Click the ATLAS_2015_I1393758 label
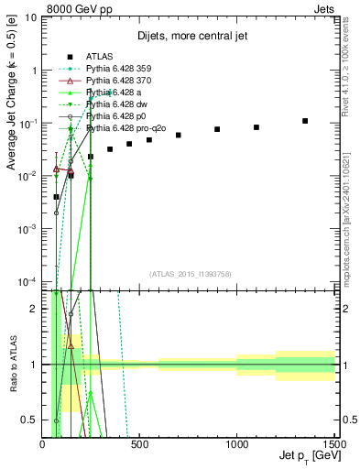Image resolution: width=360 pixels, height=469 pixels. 190,274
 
